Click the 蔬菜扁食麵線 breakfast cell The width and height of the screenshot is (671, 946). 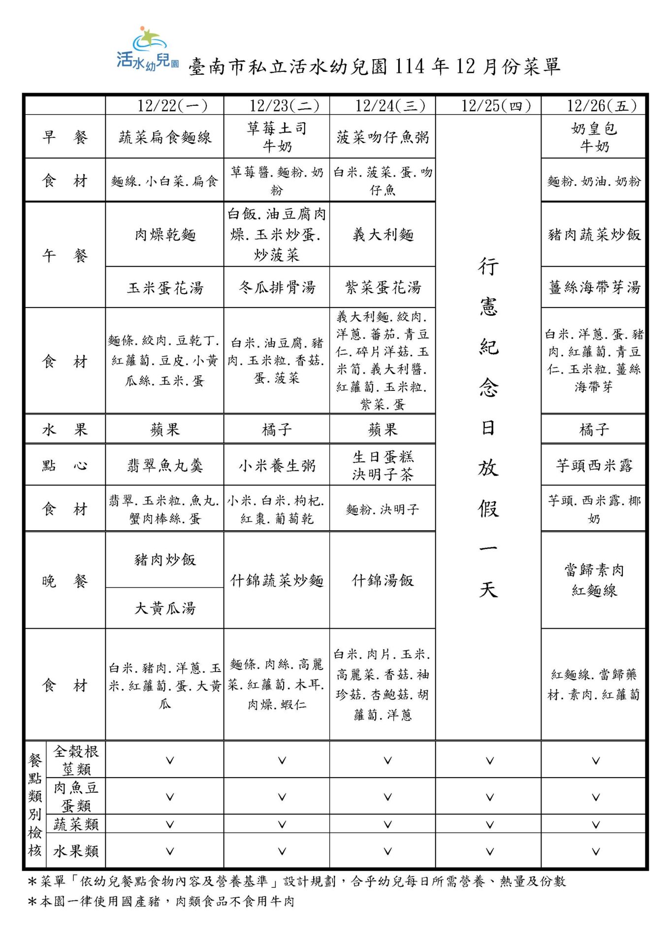tap(165, 137)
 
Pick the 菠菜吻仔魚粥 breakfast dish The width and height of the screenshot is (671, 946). tap(383, 137)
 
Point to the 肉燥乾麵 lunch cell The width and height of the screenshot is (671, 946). tap(165, 235)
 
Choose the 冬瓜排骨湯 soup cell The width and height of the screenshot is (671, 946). tap(277, 287)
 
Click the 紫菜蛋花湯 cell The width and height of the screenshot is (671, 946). tap(383, 287)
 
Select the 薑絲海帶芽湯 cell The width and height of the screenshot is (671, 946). tap(594, 287)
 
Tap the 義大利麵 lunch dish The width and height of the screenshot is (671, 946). tap(383, 235)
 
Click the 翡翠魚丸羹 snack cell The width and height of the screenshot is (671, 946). tap(165, 465)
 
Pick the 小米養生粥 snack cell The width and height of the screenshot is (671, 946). tap(277, 465)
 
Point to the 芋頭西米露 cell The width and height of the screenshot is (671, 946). tap(594, 465)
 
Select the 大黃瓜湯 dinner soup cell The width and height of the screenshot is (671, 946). tap(165, 608)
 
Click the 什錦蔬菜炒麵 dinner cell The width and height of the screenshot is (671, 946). tap(277, 580)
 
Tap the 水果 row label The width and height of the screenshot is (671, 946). tap(64, 429)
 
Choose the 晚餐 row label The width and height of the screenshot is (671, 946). tap(64, 581)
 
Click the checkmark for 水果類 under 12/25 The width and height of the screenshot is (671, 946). tap(489, 851)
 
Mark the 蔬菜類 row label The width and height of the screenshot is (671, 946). tap(76, 824)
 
